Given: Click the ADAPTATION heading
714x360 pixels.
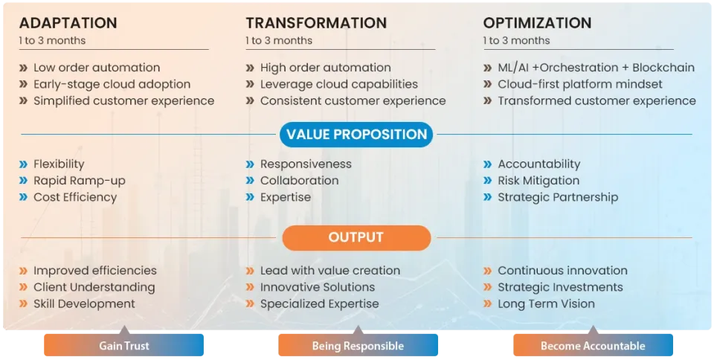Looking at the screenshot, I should point(68,23).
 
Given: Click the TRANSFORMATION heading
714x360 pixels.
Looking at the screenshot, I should point(316,23).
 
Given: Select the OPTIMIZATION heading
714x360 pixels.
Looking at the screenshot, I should point(537,23).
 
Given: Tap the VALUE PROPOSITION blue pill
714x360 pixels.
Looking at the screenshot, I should point(356,135).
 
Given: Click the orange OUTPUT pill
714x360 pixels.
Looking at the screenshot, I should point(356,238).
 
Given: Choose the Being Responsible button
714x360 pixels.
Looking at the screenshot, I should point(358,346).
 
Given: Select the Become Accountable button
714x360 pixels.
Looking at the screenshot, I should point(593,346).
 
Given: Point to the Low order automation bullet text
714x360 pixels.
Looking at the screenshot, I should point(97,68).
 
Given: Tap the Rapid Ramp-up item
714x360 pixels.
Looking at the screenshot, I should point(80,181).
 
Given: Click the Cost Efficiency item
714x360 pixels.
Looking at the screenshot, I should point(75,197).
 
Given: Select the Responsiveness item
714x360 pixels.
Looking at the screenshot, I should point(306,164).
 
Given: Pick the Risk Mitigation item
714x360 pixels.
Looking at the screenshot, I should point(538,181).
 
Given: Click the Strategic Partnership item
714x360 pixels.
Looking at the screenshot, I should point(558,197).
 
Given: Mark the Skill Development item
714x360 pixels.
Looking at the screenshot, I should point(84,303).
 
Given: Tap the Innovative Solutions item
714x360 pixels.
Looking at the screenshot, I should point(318,287).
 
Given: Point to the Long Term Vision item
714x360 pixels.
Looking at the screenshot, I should point(546,303).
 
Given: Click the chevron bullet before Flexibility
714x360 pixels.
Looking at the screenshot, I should point(24,164).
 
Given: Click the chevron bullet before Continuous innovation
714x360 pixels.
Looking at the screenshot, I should point(488,271).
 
